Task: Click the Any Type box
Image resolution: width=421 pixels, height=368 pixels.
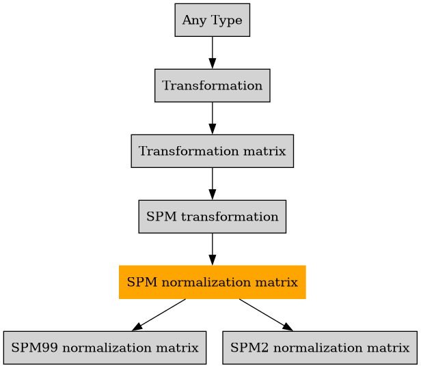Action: pos(212,20)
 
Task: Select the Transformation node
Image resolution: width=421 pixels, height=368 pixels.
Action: pos(212,85)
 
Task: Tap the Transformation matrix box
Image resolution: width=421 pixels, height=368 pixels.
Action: pos(212,151)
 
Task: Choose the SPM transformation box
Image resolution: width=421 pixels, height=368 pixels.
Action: pos(212,216)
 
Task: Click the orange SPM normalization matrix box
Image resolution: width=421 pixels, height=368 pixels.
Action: pos(212,282)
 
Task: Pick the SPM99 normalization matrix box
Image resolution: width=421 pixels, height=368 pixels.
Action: pos(105,348)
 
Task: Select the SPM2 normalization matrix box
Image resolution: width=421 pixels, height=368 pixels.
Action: pos(320,348)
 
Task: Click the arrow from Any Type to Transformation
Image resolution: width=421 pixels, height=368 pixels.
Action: pos(212,53)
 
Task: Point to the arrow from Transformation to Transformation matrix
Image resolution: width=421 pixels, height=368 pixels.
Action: pos(212,118)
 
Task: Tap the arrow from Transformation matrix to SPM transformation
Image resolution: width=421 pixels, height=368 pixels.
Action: pos(212,184)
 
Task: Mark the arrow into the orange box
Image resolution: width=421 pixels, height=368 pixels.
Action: pos(212,249)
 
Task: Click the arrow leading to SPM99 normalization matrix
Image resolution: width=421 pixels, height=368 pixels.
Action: pos(159,315)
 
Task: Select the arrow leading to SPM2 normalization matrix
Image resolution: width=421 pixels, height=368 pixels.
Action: pos(265,315)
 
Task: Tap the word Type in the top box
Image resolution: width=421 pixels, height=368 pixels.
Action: pos(223,20)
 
